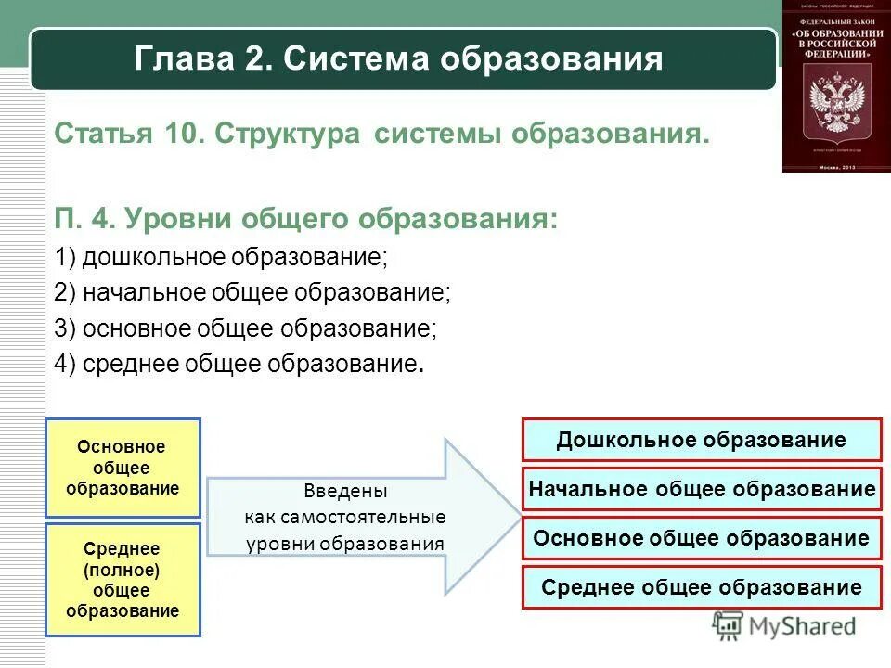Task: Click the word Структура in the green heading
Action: (288, 135)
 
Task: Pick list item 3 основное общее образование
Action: (245, 328)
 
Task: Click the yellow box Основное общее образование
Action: (123, 468)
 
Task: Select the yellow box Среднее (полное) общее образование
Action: (123, 580)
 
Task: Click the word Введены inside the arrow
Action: (345, 491)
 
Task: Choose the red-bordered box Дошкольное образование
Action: (702, 440)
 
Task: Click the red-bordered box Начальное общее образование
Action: (702, 489)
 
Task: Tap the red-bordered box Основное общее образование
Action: (702, 538)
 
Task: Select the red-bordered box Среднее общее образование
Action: (702, 587)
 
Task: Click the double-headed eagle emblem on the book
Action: (836, 104)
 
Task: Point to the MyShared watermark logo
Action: (784, 627)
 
